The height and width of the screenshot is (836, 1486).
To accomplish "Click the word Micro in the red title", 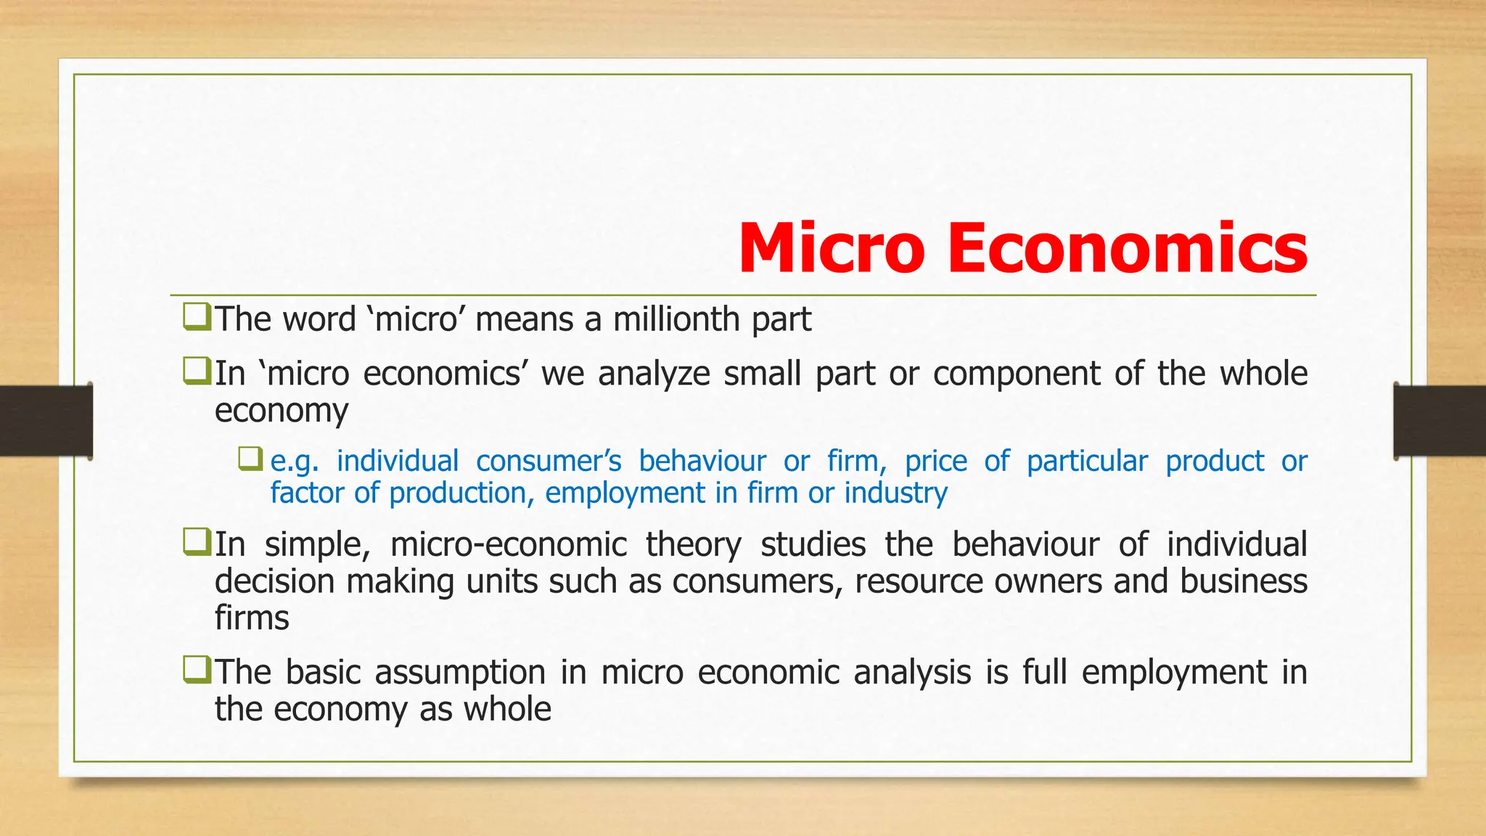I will click(x=832, y=248).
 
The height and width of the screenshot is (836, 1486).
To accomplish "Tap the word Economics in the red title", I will click(x=1128, y=248).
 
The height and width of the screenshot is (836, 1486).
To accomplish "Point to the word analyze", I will click(x=654, y=374).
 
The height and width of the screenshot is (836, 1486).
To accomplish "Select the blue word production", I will click(x=457, y=493).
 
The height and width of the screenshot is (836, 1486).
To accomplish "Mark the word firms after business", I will click(x=252, y=618).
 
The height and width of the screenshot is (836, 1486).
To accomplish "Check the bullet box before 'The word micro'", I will click(x=197, y=317).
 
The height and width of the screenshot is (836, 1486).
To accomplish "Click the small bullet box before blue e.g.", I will click(x=250, y=459).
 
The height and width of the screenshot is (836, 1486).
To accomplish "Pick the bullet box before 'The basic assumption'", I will click(x=197, y=670).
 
